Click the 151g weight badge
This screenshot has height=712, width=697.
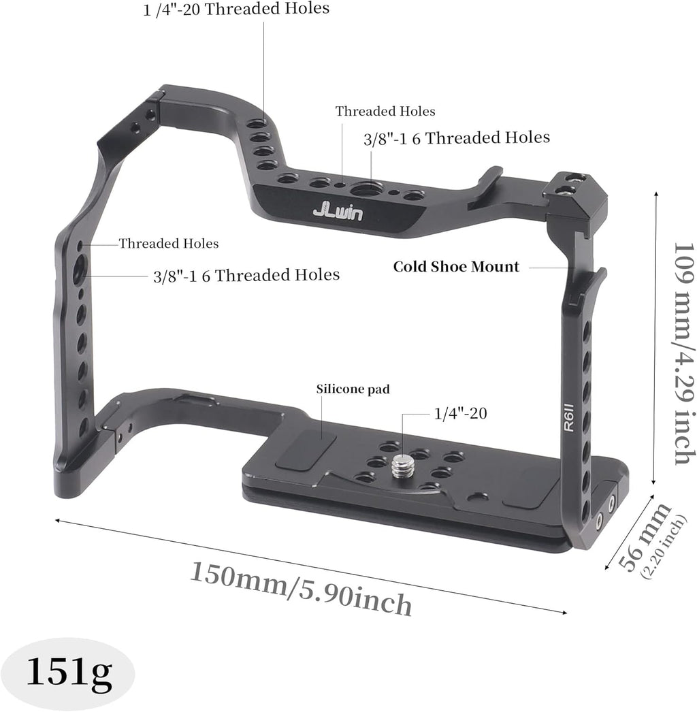[x=68, y=673]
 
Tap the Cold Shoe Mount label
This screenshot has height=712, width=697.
[x=456, y=267]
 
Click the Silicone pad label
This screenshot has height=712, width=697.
[x=353, y=389]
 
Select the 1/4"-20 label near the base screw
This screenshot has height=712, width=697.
[x=460, y=412]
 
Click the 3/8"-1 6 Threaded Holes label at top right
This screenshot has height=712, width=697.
[x=456, y=138]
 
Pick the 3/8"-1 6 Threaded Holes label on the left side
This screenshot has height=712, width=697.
[x=246, y=275]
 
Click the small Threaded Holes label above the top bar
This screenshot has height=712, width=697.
[x=385, y=111]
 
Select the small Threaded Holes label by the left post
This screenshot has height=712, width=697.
[x=169, y=243]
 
